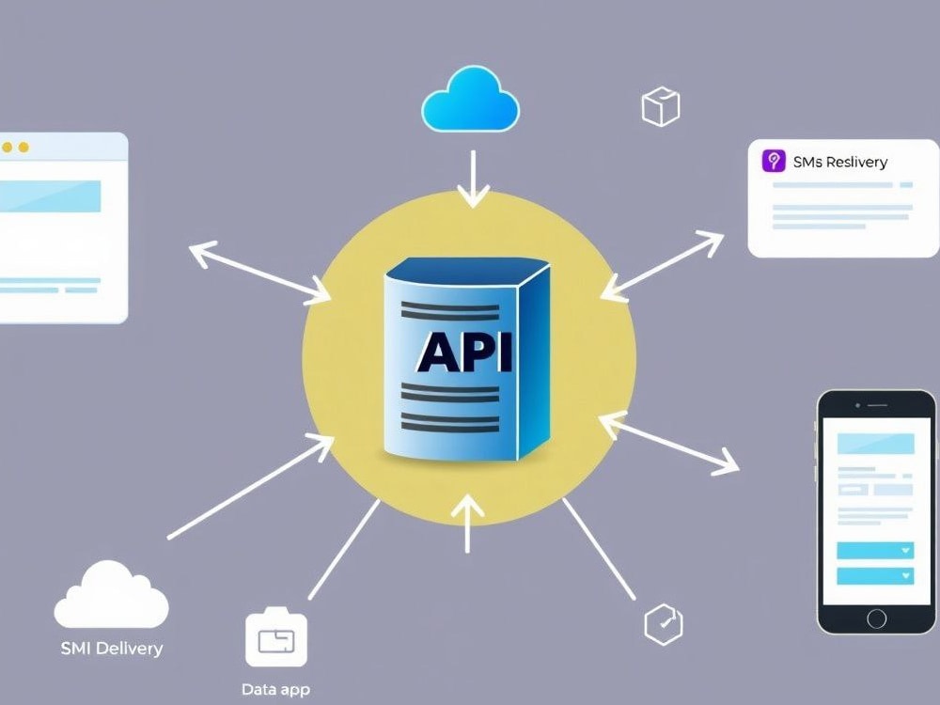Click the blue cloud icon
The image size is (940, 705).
pos(471,101)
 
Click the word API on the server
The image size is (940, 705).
pos(464,352)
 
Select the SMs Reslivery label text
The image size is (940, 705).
pos(839,162)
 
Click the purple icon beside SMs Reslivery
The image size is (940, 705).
pos(774,162)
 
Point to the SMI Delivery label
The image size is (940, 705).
pos(112,648)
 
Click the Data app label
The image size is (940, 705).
pos(275,689)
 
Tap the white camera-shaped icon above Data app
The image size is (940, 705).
pos(276,637)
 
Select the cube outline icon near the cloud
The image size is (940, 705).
pos(661,107)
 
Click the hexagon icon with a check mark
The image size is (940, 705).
pos(664,624)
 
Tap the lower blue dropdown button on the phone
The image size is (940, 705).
pos(875,576)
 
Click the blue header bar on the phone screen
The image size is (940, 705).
pos(875,444)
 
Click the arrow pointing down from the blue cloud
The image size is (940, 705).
pos(473,179)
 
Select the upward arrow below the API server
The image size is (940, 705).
pos(467,524)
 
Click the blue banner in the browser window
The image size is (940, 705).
pos(50,196)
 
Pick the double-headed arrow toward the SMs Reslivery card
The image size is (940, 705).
pos(662,266)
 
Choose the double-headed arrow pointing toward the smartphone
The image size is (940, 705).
pos(668,443)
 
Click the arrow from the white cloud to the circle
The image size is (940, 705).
pos(251,487)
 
